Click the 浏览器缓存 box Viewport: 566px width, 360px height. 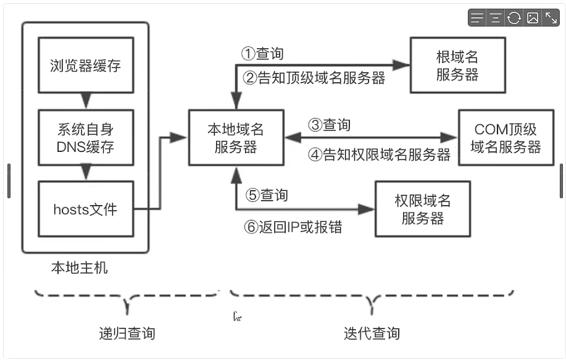[85, 65]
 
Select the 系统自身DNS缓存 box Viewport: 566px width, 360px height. [85, 138]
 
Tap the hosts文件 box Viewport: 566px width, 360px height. [85, 209]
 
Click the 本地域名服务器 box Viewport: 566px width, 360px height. [236, 138]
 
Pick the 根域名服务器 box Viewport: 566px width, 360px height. [457, 65]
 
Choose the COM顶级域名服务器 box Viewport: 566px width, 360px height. [506, 138]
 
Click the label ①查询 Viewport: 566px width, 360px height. [262, 54]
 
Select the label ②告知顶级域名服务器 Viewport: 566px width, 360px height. [314, 78]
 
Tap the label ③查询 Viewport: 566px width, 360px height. [329, 125]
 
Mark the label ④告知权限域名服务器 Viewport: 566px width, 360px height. [379, 155]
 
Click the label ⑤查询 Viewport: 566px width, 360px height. [267, 195]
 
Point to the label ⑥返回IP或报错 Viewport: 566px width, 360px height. [293, 227]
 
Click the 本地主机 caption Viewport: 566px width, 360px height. [79, 268]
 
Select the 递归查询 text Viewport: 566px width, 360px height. [127, 333]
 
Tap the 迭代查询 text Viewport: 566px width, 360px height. [372, 333]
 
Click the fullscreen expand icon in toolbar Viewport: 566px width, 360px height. [551, 18]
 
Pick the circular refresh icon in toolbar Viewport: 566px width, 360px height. [514, 18]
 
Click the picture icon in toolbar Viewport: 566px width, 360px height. [532, 18]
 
